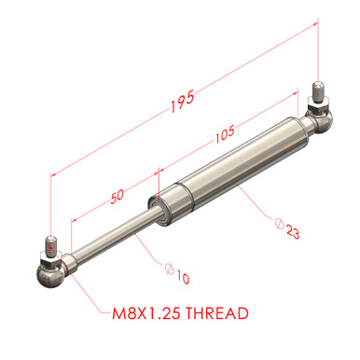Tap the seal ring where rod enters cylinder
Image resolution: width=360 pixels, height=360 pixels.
point(159,206)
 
